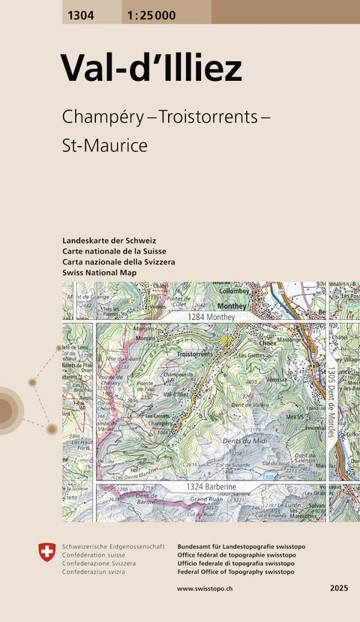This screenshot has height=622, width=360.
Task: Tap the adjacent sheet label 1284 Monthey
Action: tap(211, 318)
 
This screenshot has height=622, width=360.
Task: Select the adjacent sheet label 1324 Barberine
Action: tap(211, 488)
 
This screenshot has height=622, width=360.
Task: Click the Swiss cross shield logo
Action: tap(46, 553)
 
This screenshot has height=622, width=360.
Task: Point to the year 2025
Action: tap(339, 589)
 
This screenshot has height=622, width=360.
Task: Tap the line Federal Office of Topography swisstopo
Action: tap(235, 572)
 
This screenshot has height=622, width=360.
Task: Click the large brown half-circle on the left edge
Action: tap(7, 410)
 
